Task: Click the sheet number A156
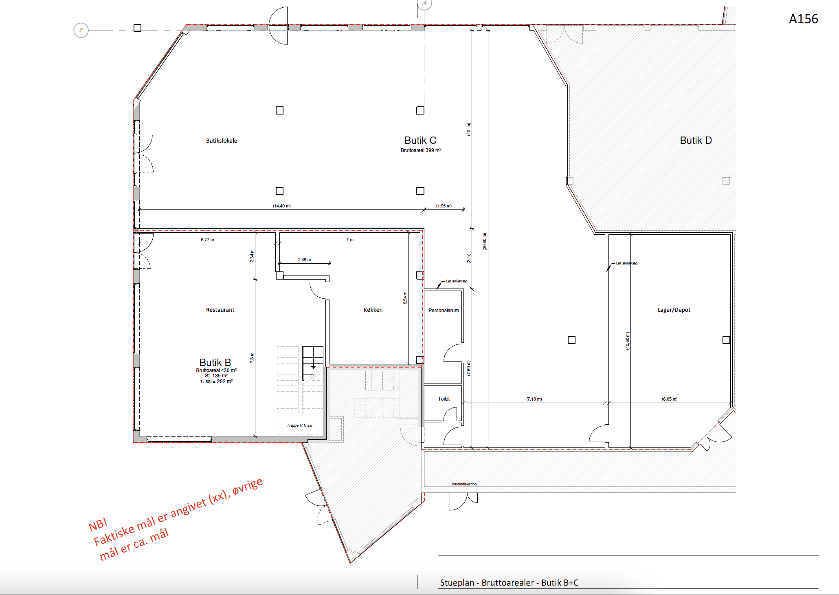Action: [803, 19]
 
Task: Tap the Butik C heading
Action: [420, 140]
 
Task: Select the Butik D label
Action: [696, 140]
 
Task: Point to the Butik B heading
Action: [215, 362]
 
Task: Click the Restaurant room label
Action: [220, 310]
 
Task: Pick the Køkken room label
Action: [373, 310]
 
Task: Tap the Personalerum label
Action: [444, 310]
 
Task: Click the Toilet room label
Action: [444, 399]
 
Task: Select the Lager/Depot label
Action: [674, 310]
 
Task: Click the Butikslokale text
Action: [222, 141]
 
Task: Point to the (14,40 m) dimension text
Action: [282, 206]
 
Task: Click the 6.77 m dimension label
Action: [207, 240]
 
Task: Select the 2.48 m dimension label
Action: [304, 260]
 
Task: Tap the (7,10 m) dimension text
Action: [534, 399]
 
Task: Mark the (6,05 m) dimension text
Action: [670, 399]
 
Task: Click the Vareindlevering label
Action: [464, 484]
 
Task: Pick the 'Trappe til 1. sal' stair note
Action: [299, 425]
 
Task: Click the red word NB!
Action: [98, 524]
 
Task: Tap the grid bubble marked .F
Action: [81, 30]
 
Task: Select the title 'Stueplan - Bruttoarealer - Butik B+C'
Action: [509, 583]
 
